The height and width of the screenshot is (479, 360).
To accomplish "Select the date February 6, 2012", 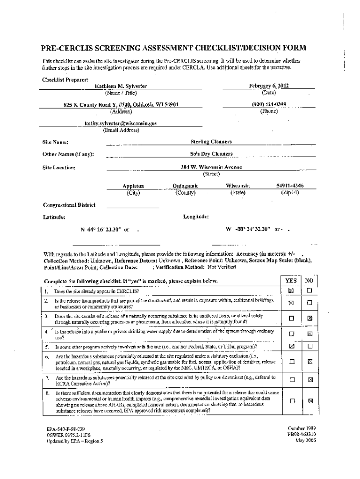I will click(268, 86).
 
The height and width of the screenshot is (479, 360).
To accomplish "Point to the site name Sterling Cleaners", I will click(211, 141).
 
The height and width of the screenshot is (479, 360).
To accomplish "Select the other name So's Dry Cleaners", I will click(211, 153).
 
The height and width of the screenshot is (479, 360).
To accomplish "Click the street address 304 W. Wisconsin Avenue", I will click(211, 167).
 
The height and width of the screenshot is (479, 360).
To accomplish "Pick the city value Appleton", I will click(133, 186).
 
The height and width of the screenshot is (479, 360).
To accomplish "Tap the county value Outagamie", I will click(186, 186).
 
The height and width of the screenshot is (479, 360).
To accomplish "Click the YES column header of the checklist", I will click(290, 281).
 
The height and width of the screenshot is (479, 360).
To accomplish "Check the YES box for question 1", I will click(291, 291).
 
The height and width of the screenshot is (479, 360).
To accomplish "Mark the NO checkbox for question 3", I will click(309, 318).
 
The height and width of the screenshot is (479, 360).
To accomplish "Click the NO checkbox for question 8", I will click(309, 400).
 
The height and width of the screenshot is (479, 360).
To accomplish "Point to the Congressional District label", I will click(69, 204).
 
